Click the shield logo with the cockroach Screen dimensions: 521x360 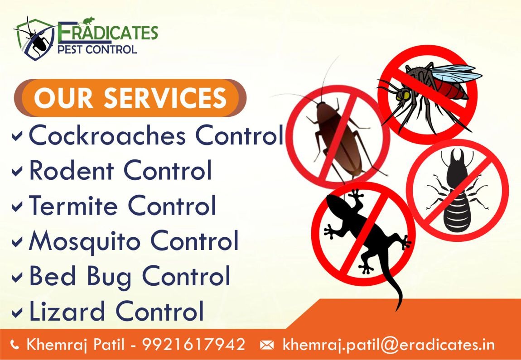click(34, 39)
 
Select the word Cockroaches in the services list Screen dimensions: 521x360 click(107, 135)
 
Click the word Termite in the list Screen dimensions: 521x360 click(73, 205)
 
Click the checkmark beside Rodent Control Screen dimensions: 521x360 click(17, 171)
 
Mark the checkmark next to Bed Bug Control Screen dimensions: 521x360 click(17, 278)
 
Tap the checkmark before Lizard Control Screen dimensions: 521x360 click(17, 312)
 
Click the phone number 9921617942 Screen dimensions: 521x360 click(194, 345)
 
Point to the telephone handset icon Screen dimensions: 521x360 click(14, 345)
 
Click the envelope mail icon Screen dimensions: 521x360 click(267, 346)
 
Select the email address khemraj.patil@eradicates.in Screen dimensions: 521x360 click(388, 345)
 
